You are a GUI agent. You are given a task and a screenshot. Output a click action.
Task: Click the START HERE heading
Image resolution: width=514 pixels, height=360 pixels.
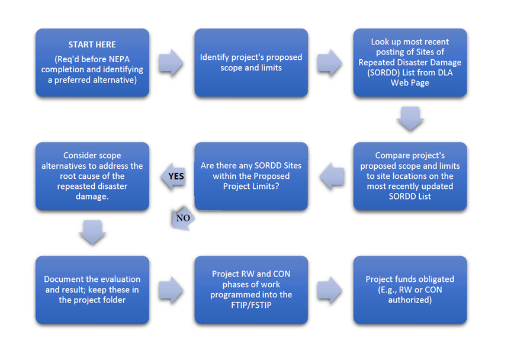[x=92, y=45]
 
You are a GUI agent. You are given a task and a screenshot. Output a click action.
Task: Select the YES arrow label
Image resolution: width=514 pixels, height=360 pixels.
[x=176, y=176]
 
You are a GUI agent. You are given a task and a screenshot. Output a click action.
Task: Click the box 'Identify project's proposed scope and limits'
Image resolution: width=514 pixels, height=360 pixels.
[x=251, y=63]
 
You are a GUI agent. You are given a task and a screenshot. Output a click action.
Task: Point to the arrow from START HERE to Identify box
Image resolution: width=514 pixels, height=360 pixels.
[x=171, y=63]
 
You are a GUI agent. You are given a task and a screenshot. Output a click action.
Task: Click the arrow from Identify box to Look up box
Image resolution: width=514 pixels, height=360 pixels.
[x=330, y=63]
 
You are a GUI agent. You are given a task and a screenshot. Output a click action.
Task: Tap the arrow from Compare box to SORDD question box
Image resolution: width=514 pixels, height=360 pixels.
[x=332, y=176]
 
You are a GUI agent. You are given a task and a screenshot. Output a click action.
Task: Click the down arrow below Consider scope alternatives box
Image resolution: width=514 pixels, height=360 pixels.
[x=92, y=232]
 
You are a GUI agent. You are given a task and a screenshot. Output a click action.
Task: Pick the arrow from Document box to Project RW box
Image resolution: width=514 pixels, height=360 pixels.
[x=171, y=290]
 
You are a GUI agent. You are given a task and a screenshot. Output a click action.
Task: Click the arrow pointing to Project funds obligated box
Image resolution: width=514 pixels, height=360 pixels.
[x=330, y=290]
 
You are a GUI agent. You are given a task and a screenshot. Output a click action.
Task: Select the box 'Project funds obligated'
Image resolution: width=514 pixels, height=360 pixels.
[x=410, y=290]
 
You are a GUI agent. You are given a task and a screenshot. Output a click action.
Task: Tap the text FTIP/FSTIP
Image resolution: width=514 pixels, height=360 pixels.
[x=251, y=304]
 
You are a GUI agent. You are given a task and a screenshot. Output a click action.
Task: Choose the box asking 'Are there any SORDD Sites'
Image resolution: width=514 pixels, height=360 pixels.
[x=251, y=176]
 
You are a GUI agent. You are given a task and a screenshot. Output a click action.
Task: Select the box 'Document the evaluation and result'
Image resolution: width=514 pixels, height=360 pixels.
[x=92, y=290]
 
